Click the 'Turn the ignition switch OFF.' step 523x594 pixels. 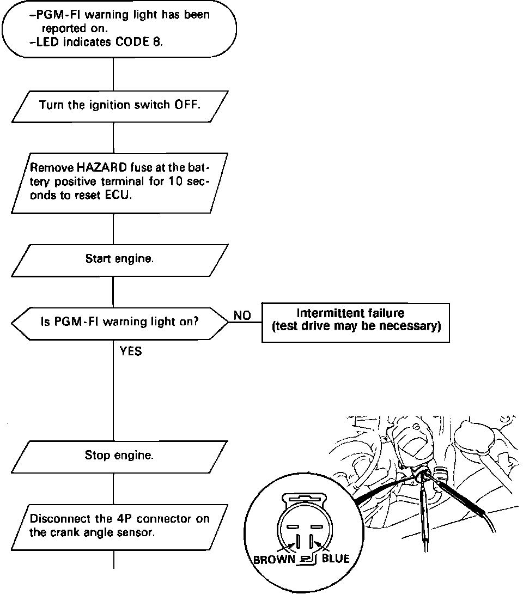point(119,105)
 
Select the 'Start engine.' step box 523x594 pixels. point(119,259)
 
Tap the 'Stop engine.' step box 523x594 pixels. point(119,455)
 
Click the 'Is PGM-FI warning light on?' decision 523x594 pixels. point(119,322)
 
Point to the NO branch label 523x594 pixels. point(242,316)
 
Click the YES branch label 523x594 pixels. point(131,351)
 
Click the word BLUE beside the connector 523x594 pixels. point(336,559)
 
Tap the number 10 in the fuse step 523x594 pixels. point(177,182)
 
